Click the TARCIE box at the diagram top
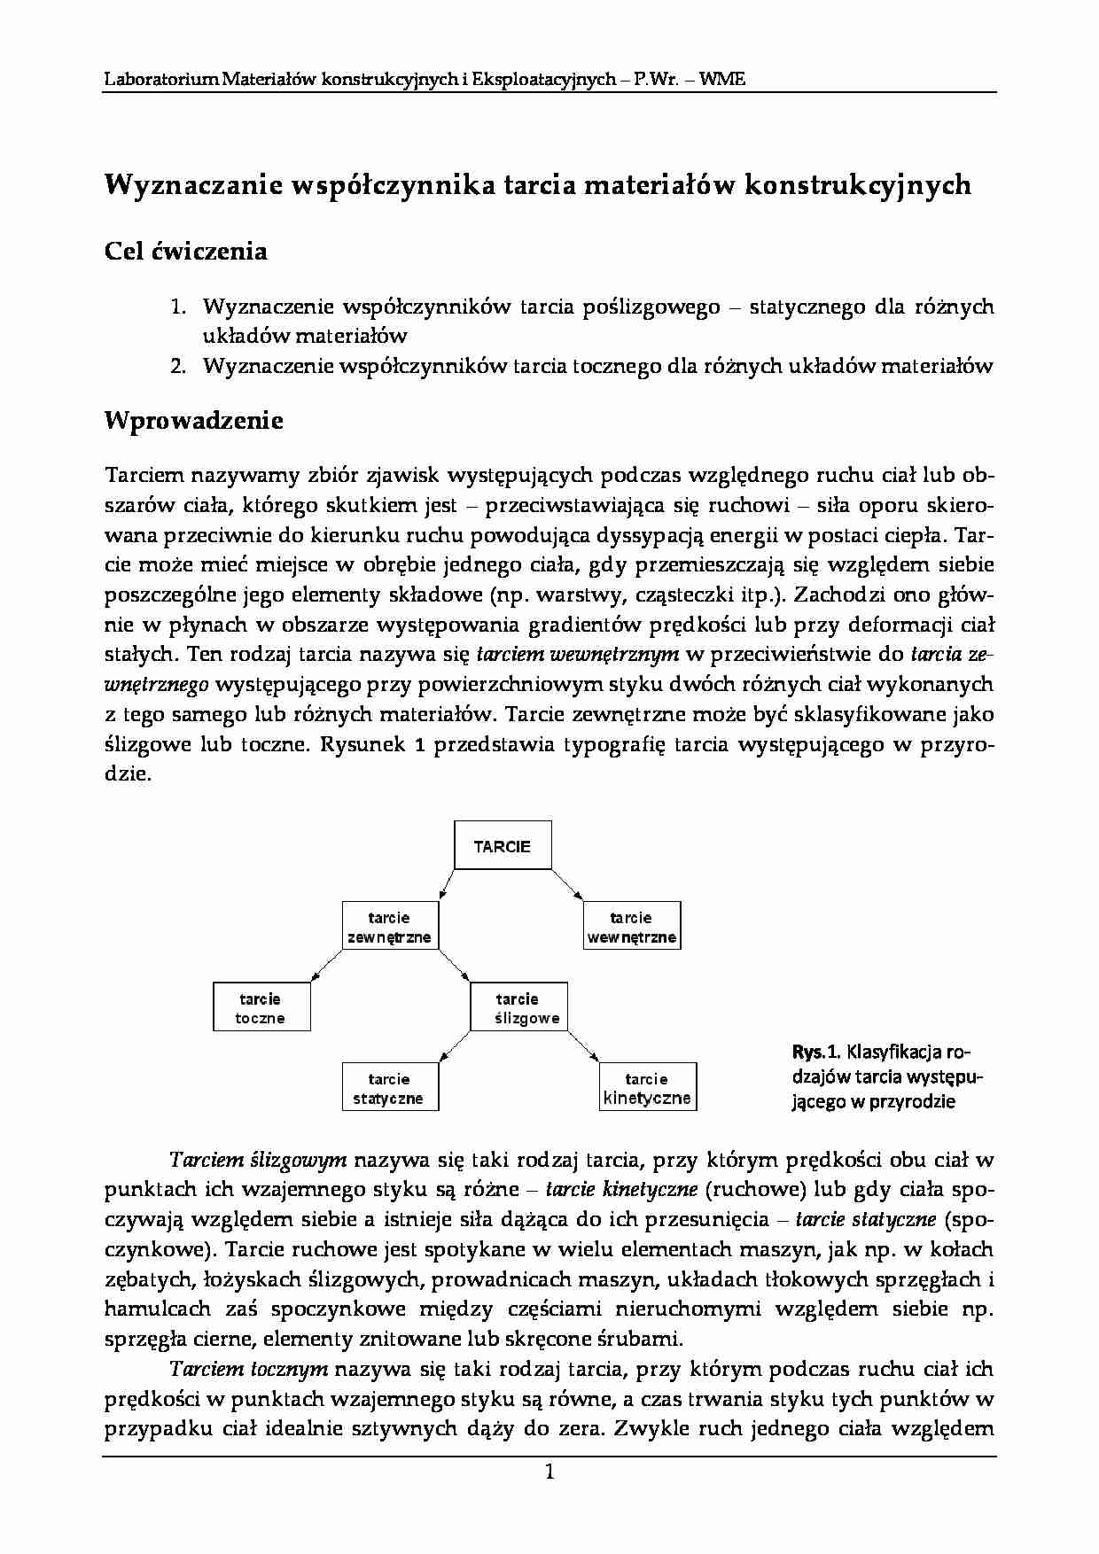point(502,846)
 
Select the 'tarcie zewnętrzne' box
point(389,927)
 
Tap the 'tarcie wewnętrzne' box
point(631,927)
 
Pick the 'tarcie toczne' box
point(261,1008)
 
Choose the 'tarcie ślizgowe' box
point(518,1008)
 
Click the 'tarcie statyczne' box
point(389,1088)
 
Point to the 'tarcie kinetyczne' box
point(647,1088)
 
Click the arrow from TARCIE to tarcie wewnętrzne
point(568,886)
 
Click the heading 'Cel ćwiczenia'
point(186,252)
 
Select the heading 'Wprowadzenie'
point(194,420)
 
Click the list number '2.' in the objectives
point(177,366)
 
